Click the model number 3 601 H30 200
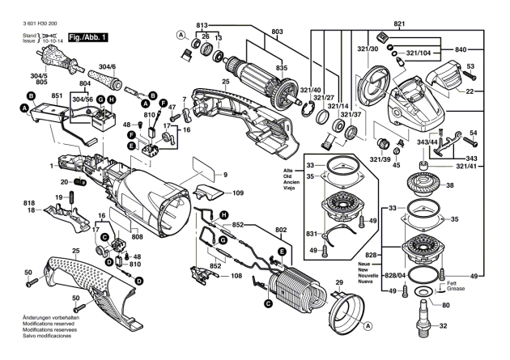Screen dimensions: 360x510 [x=31, y=25]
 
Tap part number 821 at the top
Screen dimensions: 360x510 [x=399, y=24]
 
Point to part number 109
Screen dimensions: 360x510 [x=239, y=194]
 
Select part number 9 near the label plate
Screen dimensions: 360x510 [x=226, y=175]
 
